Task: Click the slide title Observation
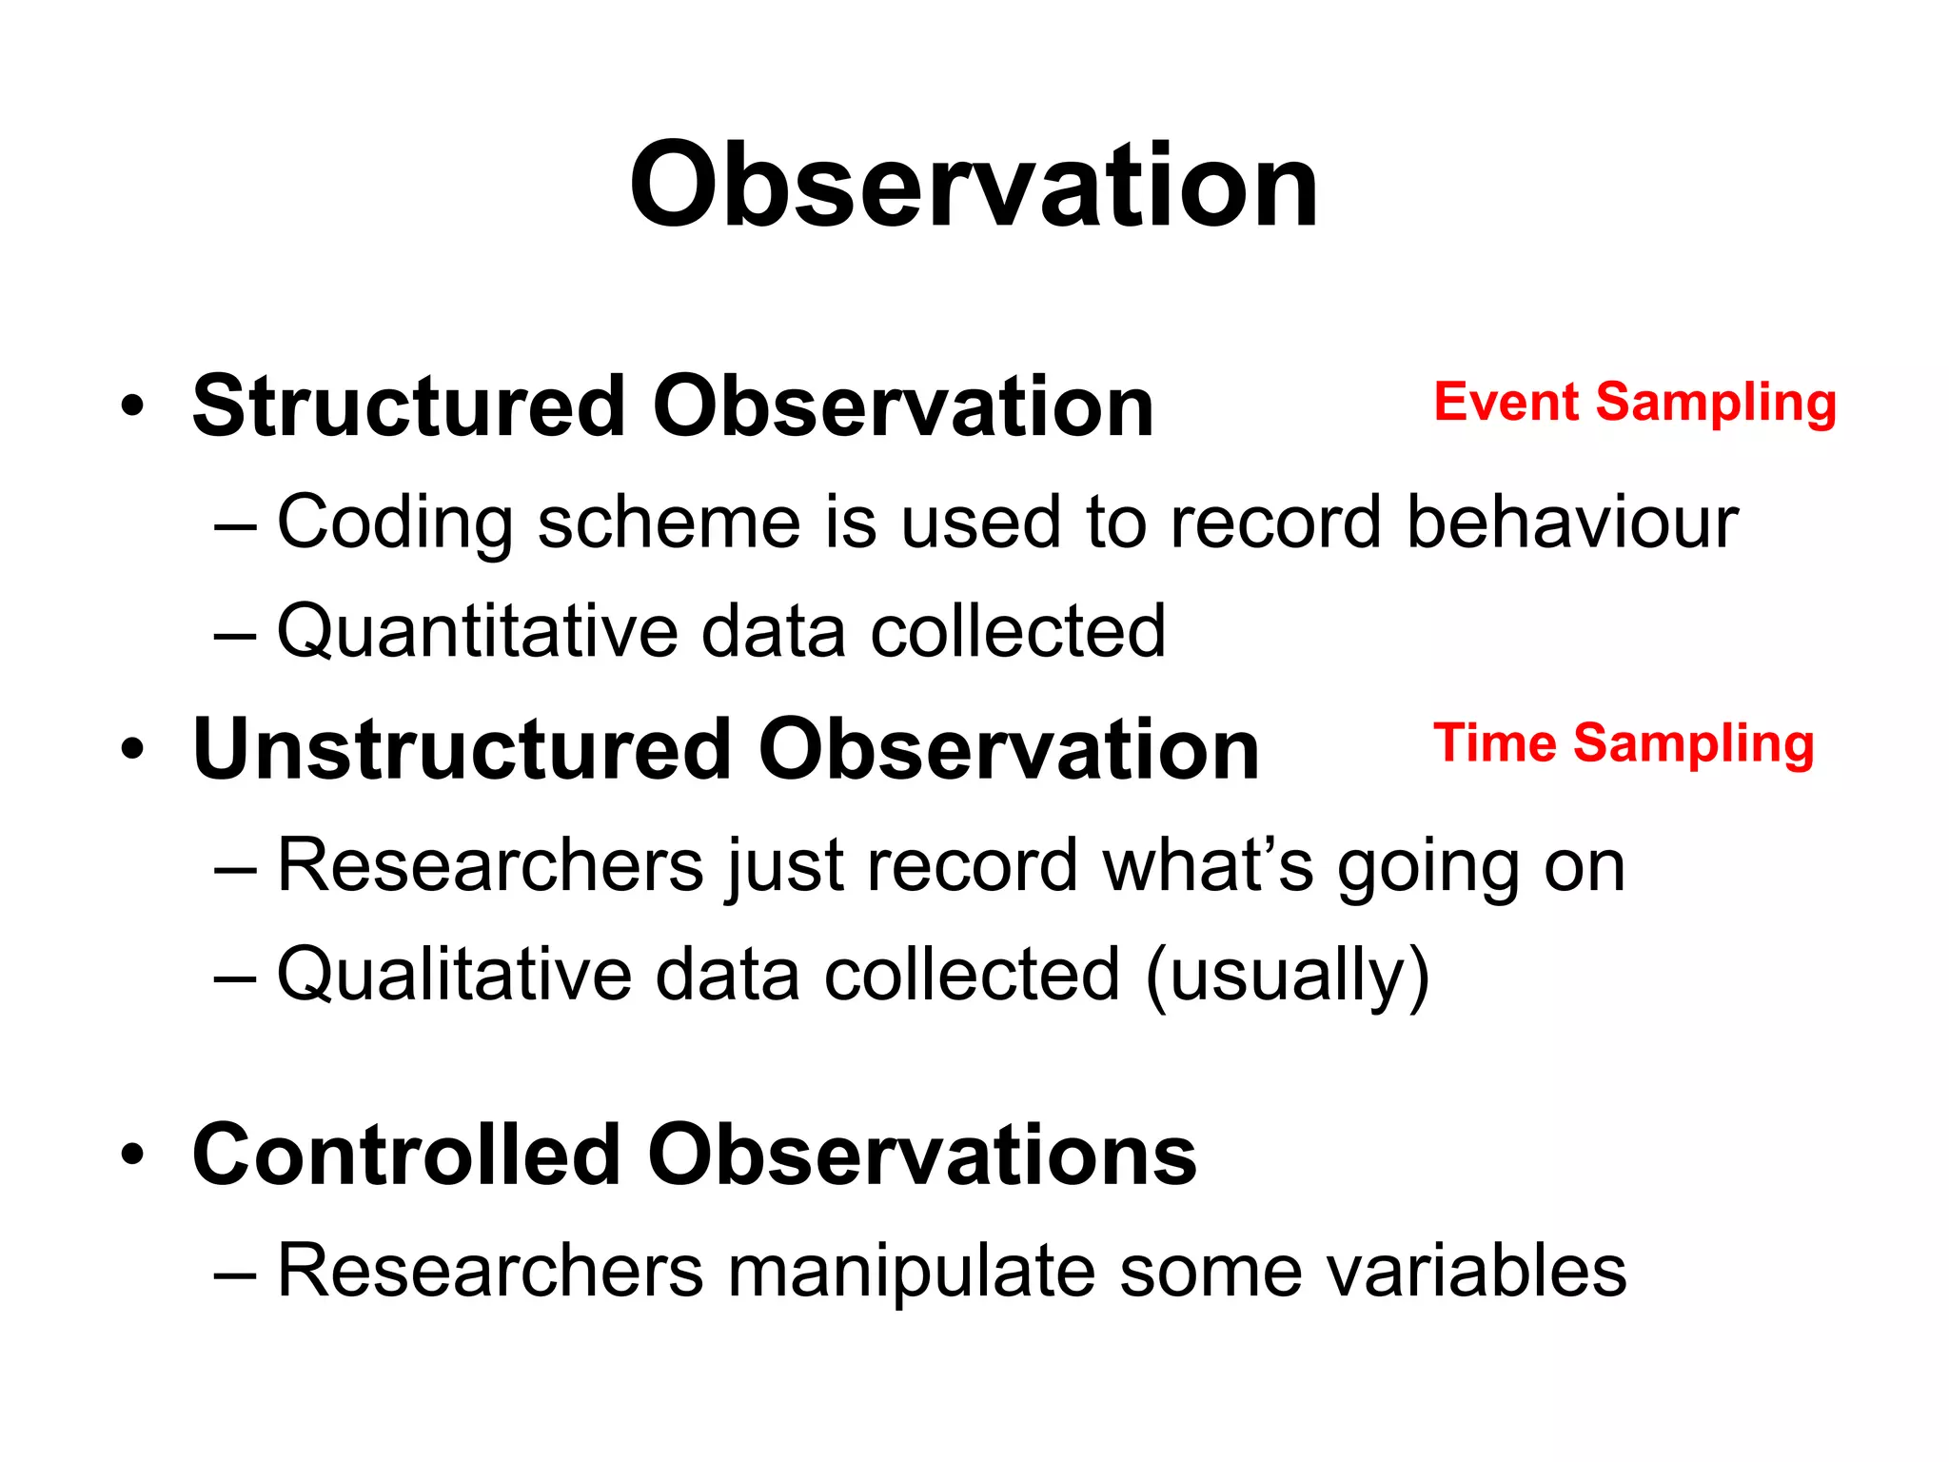point(974,186)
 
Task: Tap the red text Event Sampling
point(1634,403)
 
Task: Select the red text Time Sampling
point(1623,743)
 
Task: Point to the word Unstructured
point(462,750)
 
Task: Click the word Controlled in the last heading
point(406,1155)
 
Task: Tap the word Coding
point(394,524)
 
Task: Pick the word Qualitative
point(454,975)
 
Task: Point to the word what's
point(1208,865)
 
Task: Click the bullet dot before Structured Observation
point(132,407)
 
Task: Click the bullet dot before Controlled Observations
point(132,1156)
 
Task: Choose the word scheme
point(669,524)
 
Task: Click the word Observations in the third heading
point(921,1155)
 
